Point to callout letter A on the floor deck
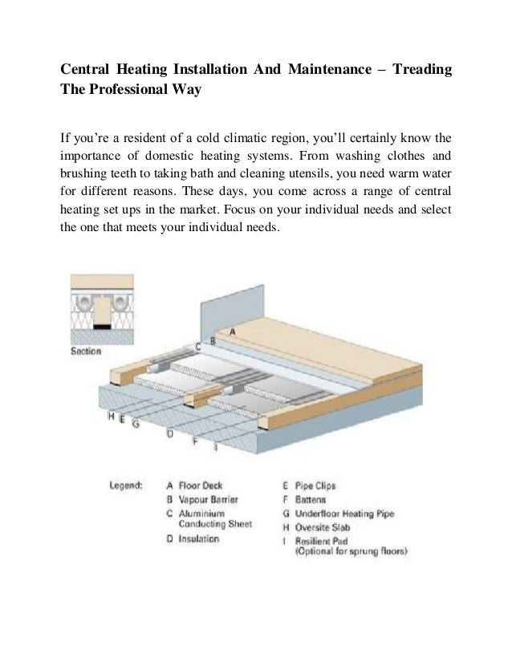point(233,331)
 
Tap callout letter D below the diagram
point(169,433)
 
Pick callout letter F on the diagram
point(196,441)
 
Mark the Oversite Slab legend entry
point(321,526)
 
